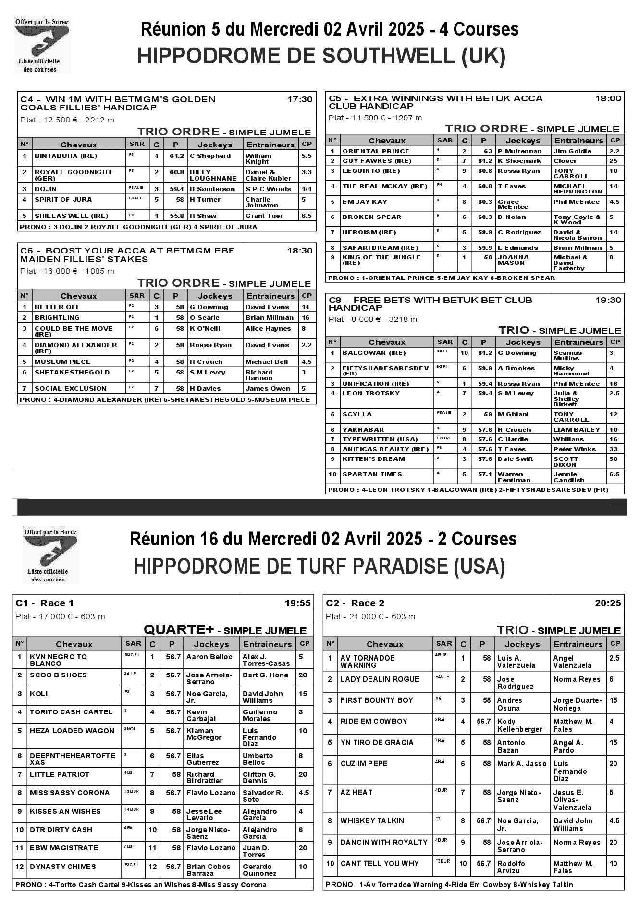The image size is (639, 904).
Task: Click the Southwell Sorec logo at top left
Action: (42, 44)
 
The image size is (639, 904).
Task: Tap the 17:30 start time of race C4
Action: (299, 99)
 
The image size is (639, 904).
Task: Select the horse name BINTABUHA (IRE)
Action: (66, 156)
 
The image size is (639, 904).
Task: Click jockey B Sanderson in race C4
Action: (212, 189)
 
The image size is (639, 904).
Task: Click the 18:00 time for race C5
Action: (608, 98)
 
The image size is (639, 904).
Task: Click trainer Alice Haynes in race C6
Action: (268, 329)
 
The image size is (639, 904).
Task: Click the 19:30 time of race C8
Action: (608, 300)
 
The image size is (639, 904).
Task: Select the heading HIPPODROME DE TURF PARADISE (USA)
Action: (319, 567)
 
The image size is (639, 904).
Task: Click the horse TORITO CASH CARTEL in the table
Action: (71, 712)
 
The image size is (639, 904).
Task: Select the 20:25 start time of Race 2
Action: (608, 603)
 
